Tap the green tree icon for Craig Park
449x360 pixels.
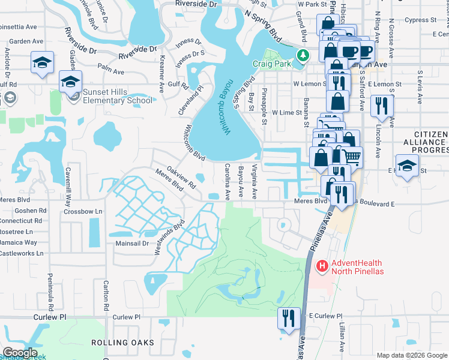tap(304, 55)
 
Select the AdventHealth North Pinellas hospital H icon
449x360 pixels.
tap(322, 265)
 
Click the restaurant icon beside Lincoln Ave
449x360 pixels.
tap(382, 106)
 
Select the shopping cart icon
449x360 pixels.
tap(353, 156)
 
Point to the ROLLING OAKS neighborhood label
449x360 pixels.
tap(122, 343)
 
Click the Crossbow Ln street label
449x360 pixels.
tap(83, 212)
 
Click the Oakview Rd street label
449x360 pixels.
tap(181, 178)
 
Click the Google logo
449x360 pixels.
tap(19, 353)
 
